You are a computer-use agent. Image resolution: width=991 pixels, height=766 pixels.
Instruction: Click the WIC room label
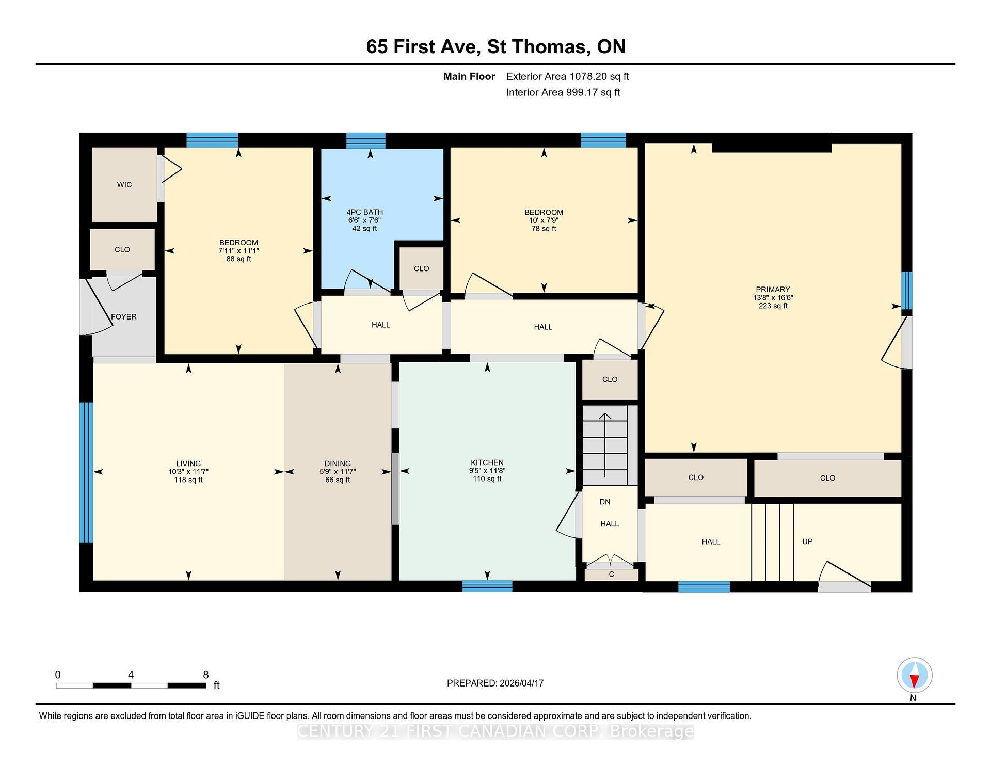pos(124,185)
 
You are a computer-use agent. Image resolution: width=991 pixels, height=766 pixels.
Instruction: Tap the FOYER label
pos(124,317)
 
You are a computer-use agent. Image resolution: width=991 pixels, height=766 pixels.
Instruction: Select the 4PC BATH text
pos(364,212)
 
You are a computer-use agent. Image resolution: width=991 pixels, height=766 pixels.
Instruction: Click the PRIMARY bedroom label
pos(773,290)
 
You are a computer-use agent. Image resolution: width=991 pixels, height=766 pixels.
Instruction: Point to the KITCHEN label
pos(487,462)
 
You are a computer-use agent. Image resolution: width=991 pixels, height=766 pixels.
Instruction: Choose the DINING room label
pos(338,464)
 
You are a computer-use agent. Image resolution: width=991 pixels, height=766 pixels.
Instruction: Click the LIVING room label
pos(188,464)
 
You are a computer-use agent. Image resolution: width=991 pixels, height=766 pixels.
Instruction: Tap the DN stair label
pos(605,502)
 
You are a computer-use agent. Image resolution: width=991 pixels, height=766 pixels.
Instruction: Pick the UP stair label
pos(807,541)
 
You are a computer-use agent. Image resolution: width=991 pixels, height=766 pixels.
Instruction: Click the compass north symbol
pos(914,676)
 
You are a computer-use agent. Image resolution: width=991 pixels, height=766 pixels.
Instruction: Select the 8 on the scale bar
pos(205,675)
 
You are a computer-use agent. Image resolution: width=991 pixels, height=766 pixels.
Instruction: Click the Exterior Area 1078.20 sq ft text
pos(567,77)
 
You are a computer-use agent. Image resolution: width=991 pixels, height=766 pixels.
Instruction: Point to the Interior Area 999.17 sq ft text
pos(563,92)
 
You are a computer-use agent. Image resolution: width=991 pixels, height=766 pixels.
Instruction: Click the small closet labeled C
pos(611,574)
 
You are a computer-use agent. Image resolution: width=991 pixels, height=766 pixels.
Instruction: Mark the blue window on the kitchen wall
pos(487,586)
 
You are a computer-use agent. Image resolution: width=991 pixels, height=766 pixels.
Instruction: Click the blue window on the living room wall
pos(86,472)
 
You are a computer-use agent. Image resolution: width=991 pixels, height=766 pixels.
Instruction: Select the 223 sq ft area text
pos(773,306)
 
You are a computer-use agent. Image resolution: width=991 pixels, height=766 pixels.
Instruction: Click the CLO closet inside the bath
pos(421,268)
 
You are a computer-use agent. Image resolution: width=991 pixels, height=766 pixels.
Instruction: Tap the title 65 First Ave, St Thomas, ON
pos(495,47)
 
